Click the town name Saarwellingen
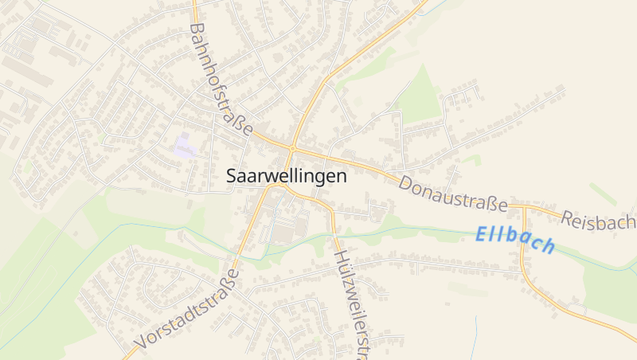pyautogui.click(x=287, y=176)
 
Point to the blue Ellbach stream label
pyautogui.click(x=515, y=240)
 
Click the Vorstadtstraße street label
pyautogui.click(x=188, y=309)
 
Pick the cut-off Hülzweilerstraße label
pyautogui.click(x=354, y=303)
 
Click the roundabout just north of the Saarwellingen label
pyautogui.click(x=293, y=148)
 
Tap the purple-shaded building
pyautogui.click(x=186, y=147)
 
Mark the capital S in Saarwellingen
pyautogui.click(x=232, y=176)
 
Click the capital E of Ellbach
pyautogui.click(x=482, y=234)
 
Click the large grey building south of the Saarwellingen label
pyautogui.click(x=284, y=233)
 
